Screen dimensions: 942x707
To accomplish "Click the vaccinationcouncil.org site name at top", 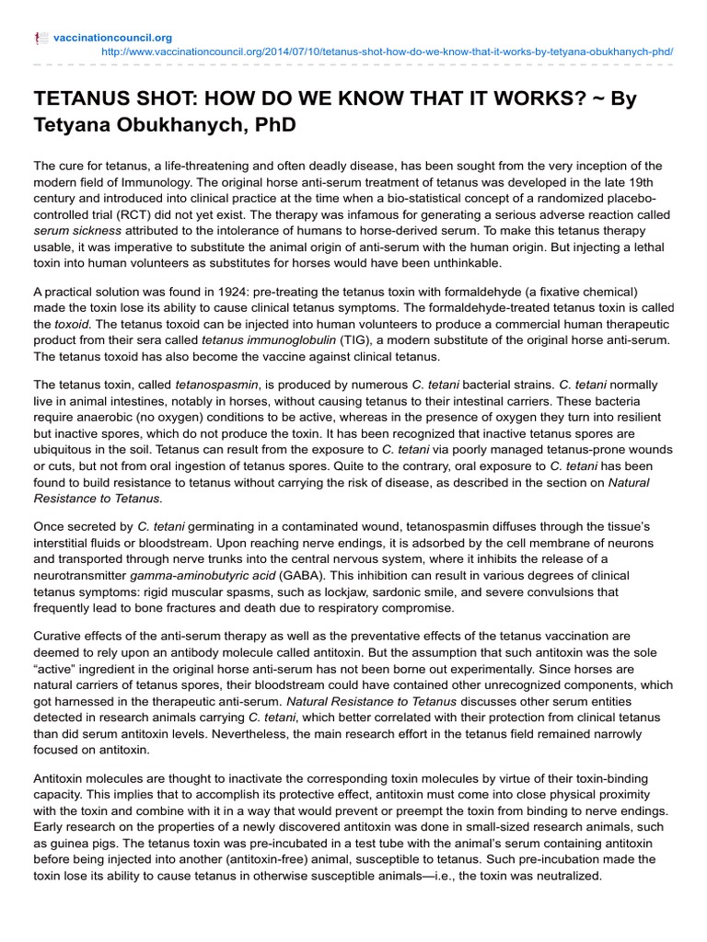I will pos(112,38).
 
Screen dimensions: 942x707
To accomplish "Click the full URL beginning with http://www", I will pos(386,52).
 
